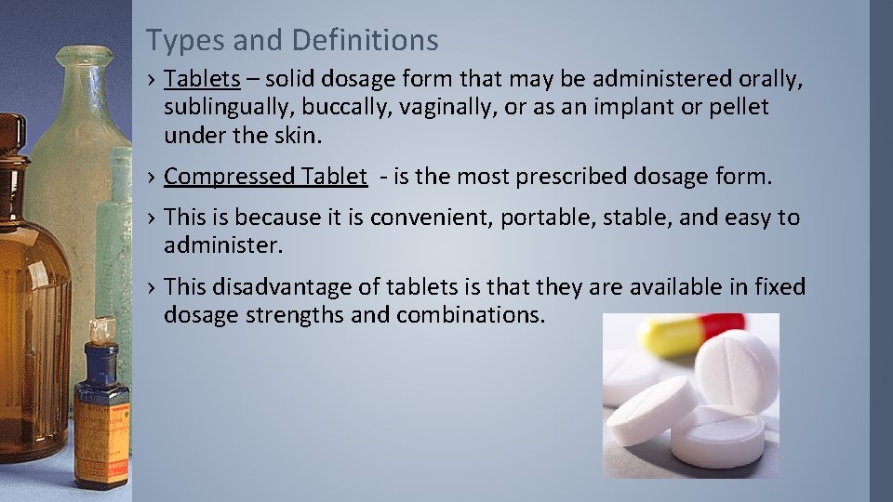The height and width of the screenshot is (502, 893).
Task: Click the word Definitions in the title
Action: (365, 40)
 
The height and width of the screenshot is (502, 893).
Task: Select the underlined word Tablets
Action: (202, 81)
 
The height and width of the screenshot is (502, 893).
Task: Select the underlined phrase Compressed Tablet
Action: (265, 177)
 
